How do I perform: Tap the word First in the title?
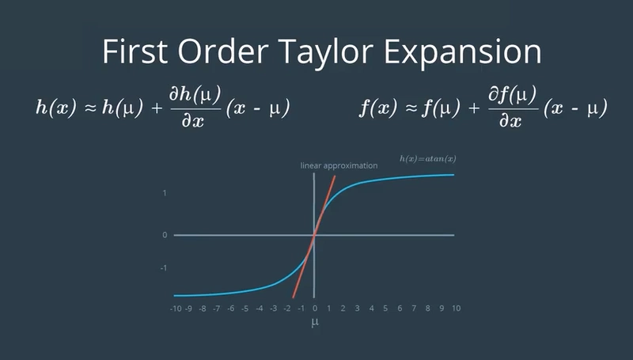135,51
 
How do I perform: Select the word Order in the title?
223,51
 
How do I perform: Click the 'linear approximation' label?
339,165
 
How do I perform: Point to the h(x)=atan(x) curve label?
428,158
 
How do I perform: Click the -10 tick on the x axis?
176,309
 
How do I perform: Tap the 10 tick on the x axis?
457,309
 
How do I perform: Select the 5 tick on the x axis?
385,309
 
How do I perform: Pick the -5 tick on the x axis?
244,309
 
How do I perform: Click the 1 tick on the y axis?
165,193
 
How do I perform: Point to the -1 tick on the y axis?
164,268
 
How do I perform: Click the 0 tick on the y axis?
165,235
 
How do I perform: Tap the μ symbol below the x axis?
315,322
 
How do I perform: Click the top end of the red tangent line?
335,176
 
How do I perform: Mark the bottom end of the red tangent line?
293,297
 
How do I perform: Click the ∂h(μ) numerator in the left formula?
195,95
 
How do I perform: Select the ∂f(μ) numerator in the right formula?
513,95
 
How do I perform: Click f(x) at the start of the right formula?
378,108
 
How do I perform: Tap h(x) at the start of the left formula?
56,108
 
